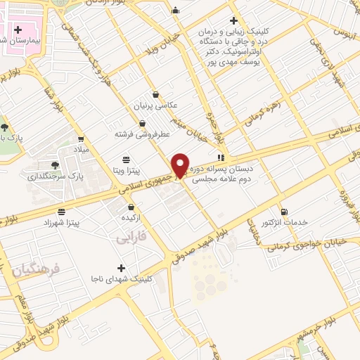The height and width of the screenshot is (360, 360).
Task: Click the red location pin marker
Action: (x=181, y=165)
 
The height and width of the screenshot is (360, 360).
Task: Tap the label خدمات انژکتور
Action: (x=285, y=222)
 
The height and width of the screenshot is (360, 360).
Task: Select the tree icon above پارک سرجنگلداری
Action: (x=55, y=165)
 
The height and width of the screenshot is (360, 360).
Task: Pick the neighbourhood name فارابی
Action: (x=129, y=239)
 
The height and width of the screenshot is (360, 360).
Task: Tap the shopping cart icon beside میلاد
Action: (x=82, y=139)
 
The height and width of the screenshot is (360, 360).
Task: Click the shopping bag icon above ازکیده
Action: (x=131, y=207)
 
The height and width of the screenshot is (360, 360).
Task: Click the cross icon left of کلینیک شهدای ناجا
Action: (x=122, y=268)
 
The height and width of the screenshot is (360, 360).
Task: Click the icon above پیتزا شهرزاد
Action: (x=62, y=211)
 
